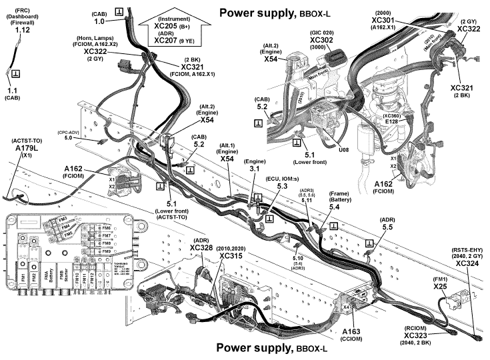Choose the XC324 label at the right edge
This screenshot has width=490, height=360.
click(x=469, y=263)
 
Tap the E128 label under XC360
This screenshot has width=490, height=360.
click(x=392, y=122)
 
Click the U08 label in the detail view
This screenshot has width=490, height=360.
click(x=343, y=150)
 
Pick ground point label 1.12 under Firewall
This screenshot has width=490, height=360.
click(x=23, y=31)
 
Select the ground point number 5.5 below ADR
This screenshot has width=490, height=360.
click(x=387, y=227)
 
